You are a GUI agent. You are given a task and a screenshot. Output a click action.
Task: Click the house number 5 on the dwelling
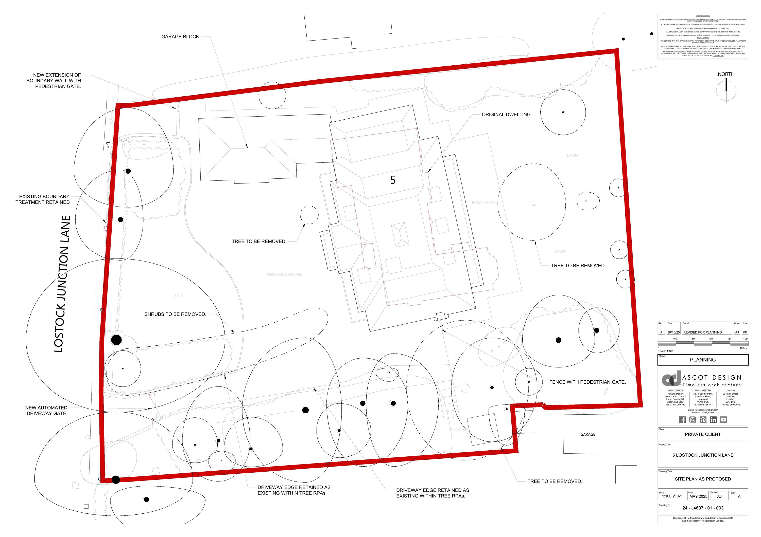pos(393,180)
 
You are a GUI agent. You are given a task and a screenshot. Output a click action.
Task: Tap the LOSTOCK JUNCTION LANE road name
pos(62,284)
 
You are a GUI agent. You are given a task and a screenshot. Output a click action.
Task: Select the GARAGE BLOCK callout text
pos(181,37)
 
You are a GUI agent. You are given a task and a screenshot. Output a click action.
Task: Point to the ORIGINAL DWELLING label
pos(507,115)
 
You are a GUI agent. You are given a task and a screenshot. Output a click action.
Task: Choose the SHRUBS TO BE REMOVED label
pos(175,314)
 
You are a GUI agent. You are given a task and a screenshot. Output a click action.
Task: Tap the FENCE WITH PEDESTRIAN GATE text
pos(587,382)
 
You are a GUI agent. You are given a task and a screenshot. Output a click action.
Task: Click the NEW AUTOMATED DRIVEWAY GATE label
pos(46,411)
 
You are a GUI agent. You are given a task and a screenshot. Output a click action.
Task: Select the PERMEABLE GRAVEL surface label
pos(284,274)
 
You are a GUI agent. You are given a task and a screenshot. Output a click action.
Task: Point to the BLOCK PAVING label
pos(485,203)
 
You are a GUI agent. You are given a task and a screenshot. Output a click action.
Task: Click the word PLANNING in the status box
pos(703,360)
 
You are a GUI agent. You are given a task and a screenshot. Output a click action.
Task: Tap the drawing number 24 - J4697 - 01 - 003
pos(703,508)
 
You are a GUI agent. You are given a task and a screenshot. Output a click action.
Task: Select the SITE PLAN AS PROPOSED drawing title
pos(703,479)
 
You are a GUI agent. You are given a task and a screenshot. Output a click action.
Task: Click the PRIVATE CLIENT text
pos(703,434)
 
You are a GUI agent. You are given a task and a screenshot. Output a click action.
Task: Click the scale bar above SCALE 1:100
pos(703,344)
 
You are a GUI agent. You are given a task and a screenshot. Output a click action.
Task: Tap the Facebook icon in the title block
pos(682,420)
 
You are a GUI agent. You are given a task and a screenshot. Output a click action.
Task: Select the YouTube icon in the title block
pos(723,420)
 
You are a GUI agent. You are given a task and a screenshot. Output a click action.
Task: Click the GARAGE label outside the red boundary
pos(588,434)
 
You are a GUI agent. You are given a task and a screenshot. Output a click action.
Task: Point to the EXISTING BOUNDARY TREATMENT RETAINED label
pos(42,199)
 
